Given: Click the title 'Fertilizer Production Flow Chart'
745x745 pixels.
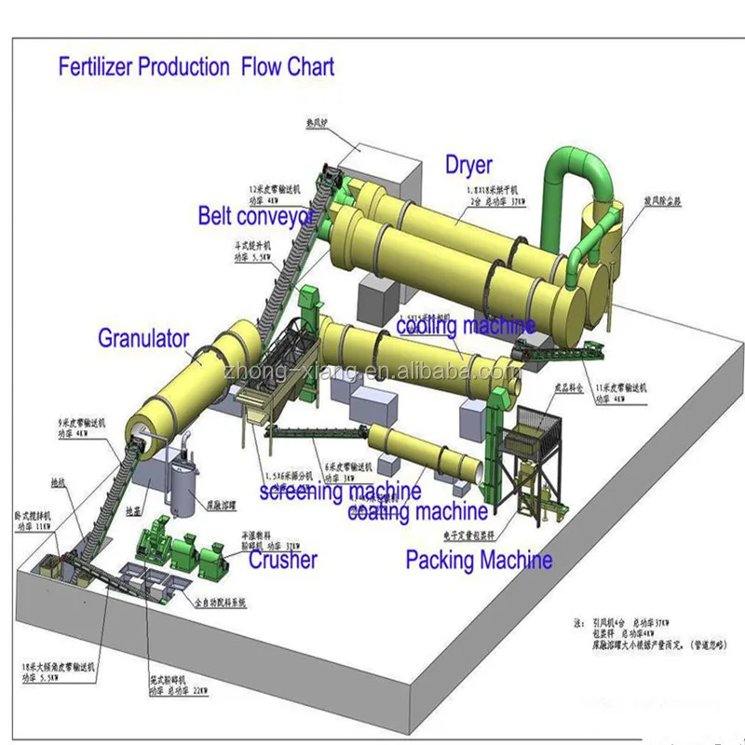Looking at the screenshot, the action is [x=196, y=67].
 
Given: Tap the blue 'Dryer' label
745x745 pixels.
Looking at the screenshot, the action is [x=467, y=165].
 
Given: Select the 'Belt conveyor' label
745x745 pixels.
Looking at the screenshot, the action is [x=257, y=216].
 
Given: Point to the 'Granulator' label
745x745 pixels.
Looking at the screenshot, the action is [x=143, y=338].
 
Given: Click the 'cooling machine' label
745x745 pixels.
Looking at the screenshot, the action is [x=466, y=326].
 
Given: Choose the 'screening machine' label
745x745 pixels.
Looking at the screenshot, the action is [x=340, y=491].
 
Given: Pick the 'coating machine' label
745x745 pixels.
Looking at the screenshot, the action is [x=417, y=510].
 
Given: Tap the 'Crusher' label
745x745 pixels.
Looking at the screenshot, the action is [x=282, y=559].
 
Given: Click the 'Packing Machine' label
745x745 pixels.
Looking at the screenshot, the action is [x=479, y=560].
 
